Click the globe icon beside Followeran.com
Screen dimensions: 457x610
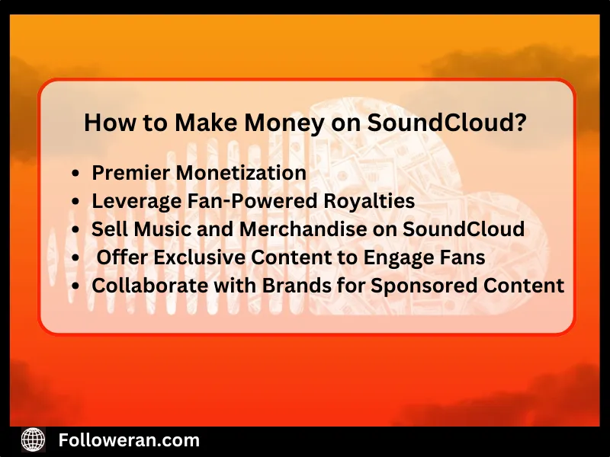34,439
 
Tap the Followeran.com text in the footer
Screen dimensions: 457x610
129,439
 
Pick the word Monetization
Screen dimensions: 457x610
241,173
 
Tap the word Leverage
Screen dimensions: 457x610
130,201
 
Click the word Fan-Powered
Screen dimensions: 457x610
231,201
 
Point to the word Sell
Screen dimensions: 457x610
107,229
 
